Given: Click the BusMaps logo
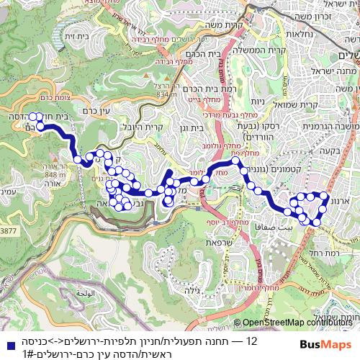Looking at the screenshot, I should click(327, 344).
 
